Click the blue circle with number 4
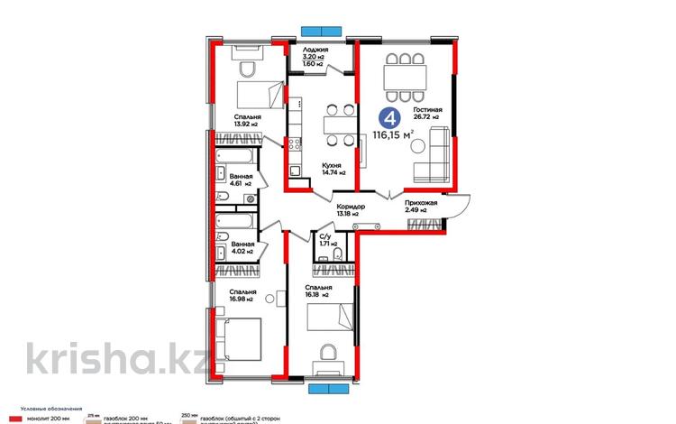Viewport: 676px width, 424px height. [x=388, y=116]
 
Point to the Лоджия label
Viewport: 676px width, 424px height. [x=315, y=50]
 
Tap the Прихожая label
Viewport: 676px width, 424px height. [x=421, y=204]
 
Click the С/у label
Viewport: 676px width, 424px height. [x=327, y=237]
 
